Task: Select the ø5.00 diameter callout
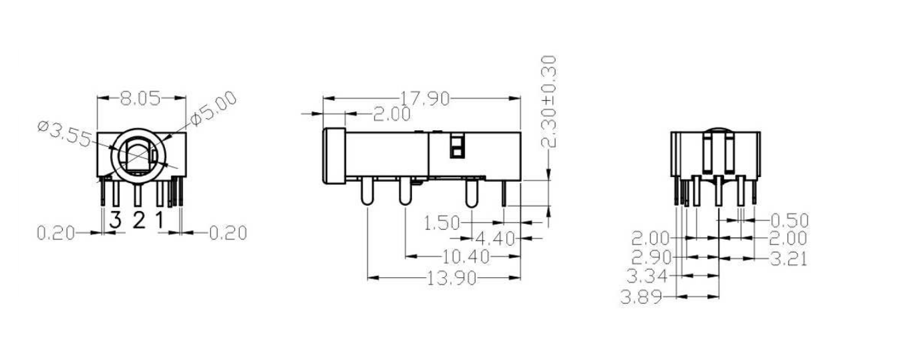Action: pos(213,108)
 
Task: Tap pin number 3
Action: pos(116,219)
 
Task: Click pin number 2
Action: pos(138,219)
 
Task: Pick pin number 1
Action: pos(160,219)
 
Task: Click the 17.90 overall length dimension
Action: pos(425,98)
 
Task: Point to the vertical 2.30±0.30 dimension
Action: pos(549,102)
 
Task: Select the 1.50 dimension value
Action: pos(442,222)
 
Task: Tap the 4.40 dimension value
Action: pos(495,238)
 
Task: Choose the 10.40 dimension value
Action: pos(466,256)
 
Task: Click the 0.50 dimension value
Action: pos(789,220)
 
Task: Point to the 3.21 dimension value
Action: pos(788,258)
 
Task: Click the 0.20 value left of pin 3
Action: pos(55,233)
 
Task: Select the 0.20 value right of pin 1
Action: pos(228,233)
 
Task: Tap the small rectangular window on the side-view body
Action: pos(458,147)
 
